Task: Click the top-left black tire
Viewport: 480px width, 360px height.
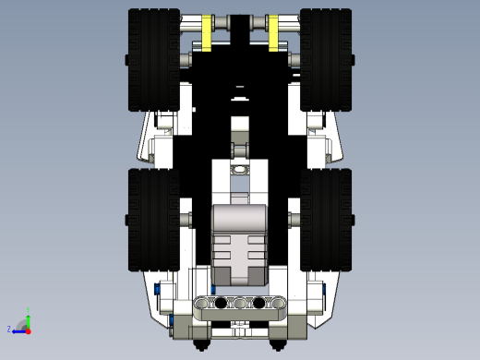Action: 153,60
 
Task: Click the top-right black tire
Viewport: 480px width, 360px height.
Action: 326,60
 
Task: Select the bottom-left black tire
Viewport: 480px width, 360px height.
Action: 153,220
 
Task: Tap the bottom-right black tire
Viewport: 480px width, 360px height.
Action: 326,220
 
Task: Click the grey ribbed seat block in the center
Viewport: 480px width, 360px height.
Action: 240,245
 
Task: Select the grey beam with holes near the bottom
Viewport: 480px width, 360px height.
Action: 240,303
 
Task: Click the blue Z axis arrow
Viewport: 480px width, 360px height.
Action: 18,330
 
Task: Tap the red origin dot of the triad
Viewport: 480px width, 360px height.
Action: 29,329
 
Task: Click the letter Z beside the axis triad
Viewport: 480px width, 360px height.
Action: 9,329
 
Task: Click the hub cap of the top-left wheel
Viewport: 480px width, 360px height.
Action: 125,60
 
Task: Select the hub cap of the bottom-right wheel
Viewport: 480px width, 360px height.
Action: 354,219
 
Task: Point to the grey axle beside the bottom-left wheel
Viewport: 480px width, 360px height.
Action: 186,219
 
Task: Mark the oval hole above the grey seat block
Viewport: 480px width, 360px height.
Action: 240,171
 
